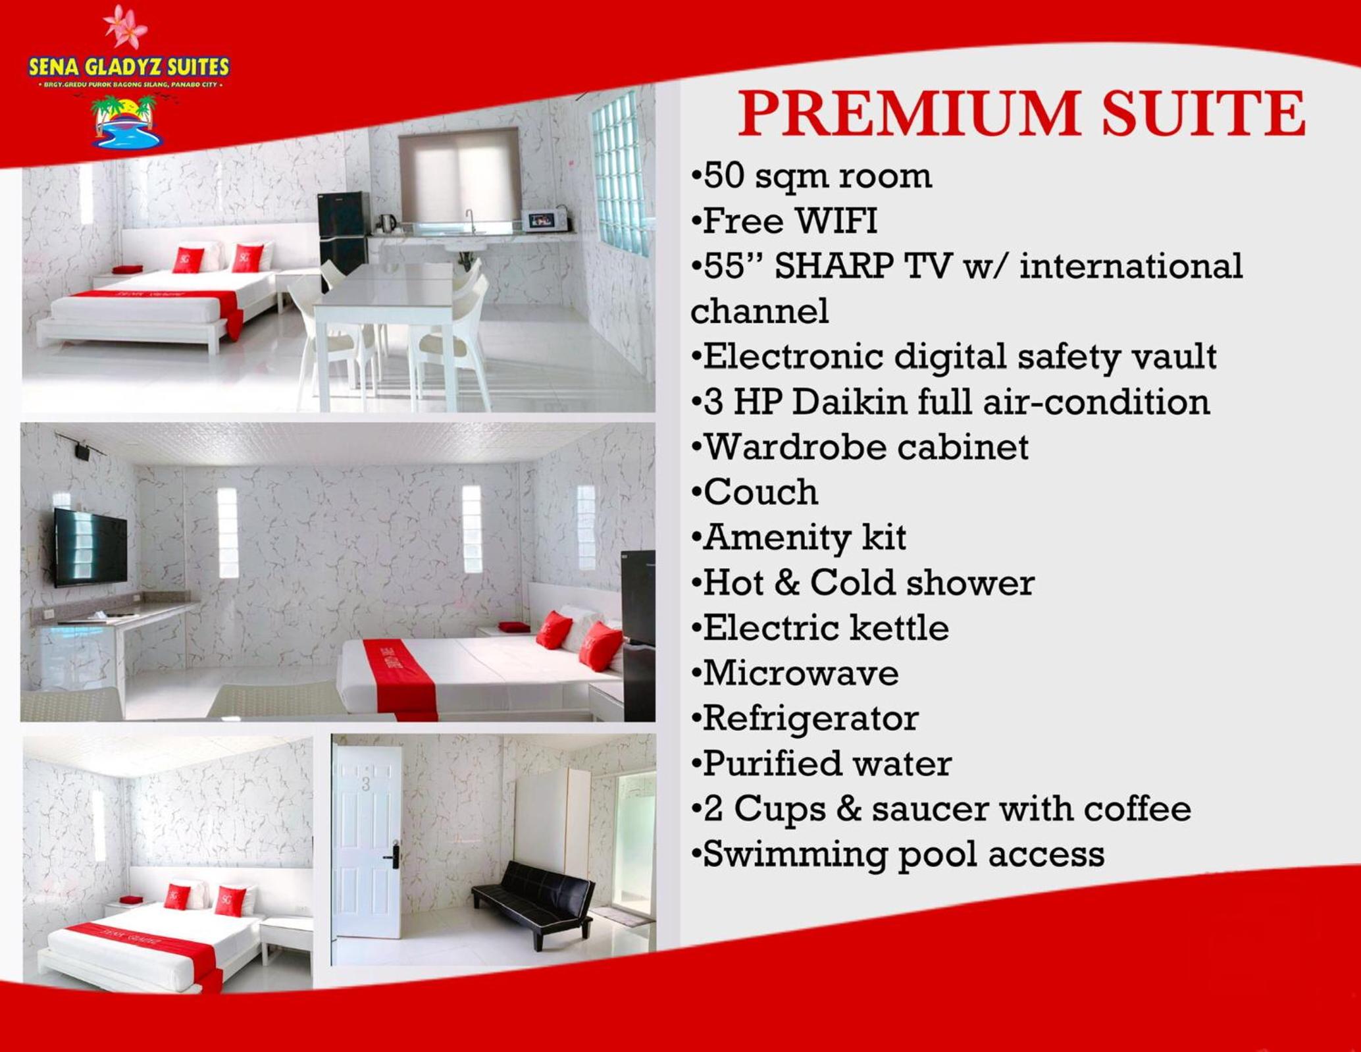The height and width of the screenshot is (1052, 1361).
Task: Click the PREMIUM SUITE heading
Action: (x=1021, y=113)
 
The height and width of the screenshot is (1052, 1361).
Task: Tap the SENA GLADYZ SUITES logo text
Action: (x=129, y=66)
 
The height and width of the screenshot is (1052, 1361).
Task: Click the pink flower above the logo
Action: (x=126, y=26)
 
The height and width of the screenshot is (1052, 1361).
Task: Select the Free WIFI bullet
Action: (x=784, y=221)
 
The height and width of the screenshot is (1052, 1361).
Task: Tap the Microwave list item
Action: (x=795, y=673)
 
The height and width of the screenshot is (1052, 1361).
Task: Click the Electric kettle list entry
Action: (x=820, y=628)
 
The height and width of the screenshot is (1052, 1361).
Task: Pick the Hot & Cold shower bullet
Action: (x=863, y=583)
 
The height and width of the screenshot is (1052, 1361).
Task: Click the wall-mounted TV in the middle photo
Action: (x=90, y=547)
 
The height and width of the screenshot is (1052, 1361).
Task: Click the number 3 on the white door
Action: (x=366, y=784)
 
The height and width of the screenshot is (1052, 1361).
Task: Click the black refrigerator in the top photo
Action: (x=343, y=240)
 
